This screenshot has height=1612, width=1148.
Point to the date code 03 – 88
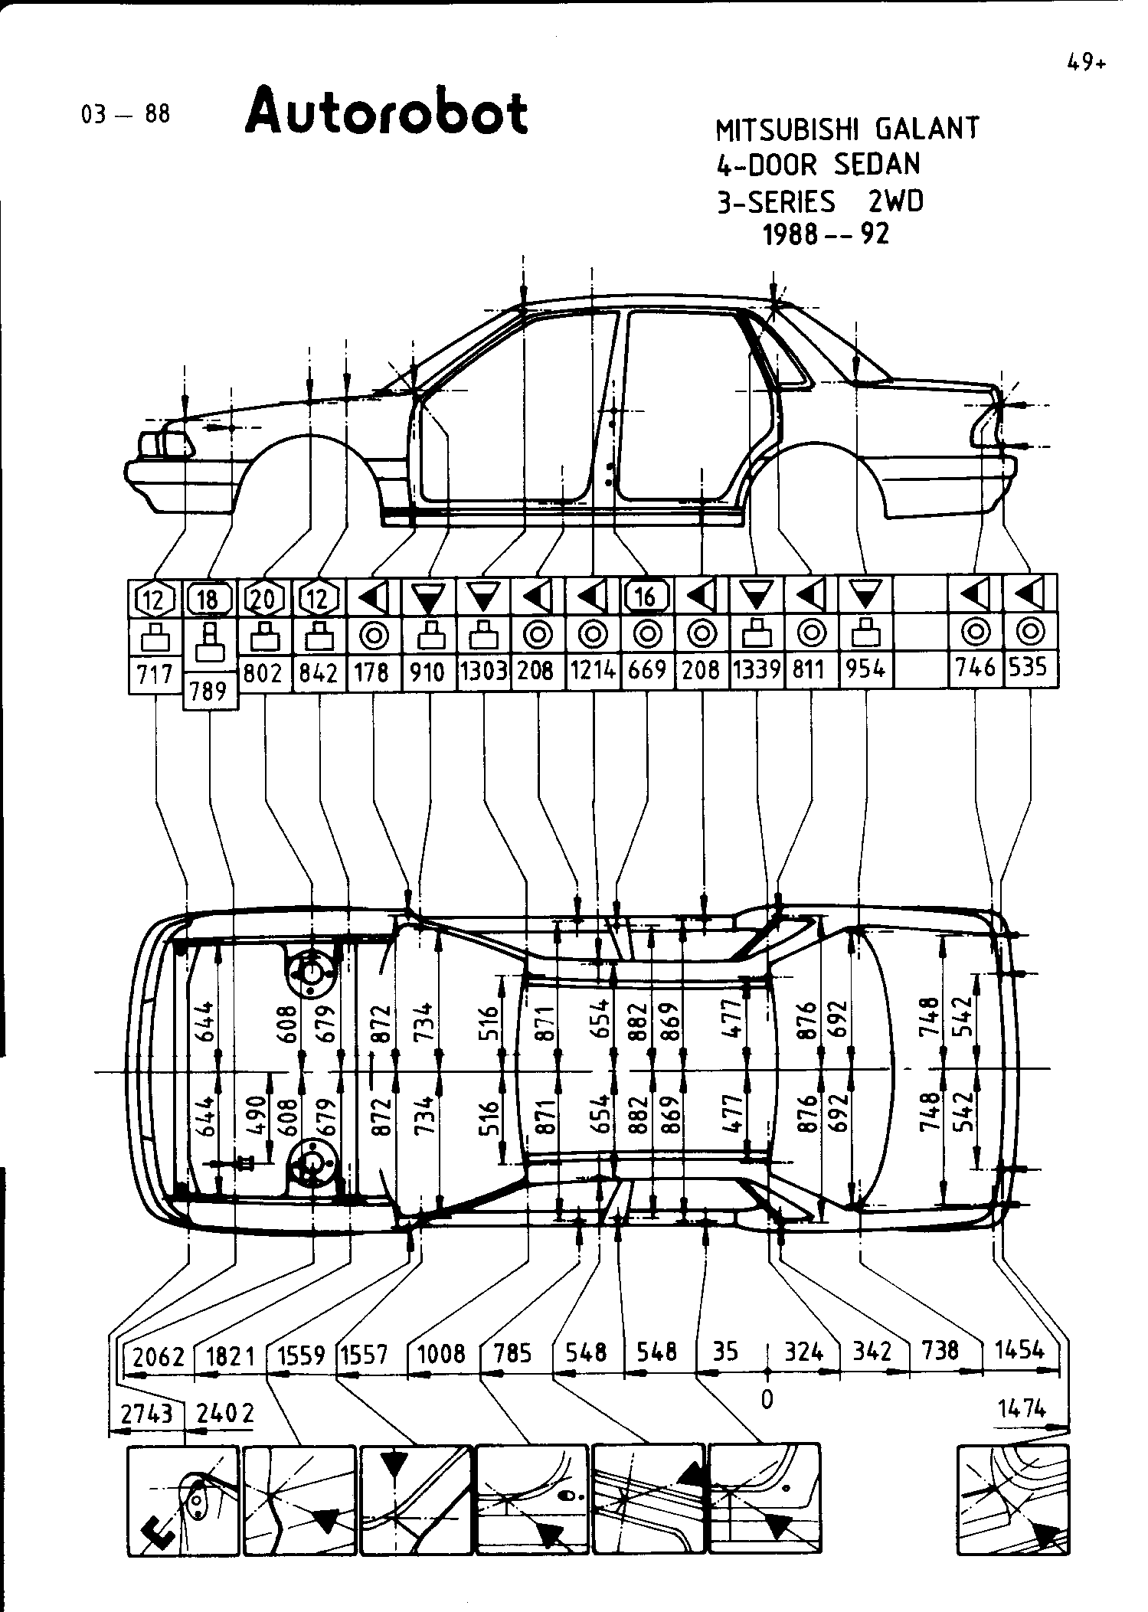pyautogui.click(x=126, y=115)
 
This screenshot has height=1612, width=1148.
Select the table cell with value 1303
pyautogui.click(x=483, y=672)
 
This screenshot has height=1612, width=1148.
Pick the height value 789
pyautogui.click(x=209, y=691)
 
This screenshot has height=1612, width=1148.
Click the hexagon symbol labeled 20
pyautogui.click(x=263, y=597)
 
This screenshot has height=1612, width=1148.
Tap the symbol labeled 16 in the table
pyautogui.click(x=647, y=596)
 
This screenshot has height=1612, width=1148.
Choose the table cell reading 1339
pyautogui.click(x=757, y=671)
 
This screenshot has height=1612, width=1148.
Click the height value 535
pyautogui.click(x=1027, y=667)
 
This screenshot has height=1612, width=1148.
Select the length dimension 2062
pyautogui.click(x=159, y=1357)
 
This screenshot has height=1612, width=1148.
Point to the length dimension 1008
pyautogui.click(x=441, y=1354)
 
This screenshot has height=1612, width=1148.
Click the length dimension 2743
pyautogui.click(x=147, y=1414)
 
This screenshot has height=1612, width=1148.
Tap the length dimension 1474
pyautogui.click(x=1022, y=1408)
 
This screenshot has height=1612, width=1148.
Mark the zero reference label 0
pyautogui.click(x=767, y=1400)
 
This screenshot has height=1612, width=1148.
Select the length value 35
pyautogui.click(x=724, y=1352)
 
